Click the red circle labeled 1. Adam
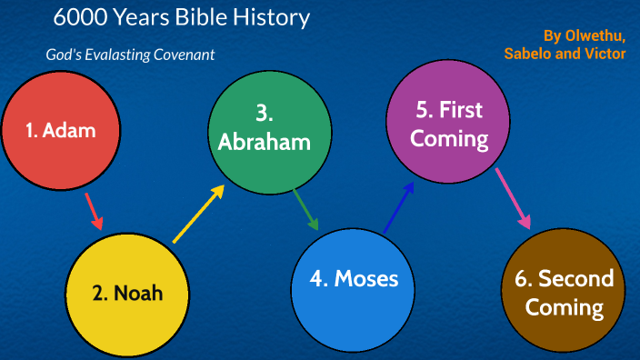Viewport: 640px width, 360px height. [61, 130]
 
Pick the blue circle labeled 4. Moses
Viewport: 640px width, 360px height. [354, 278]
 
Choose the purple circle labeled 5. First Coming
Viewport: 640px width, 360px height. [448, 125]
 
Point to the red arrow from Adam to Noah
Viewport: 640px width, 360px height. [93, 211]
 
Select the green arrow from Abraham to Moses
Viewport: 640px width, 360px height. [306, 210]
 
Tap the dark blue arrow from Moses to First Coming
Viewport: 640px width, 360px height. [399, 206]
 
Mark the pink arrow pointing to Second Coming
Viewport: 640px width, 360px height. [513, 202]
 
